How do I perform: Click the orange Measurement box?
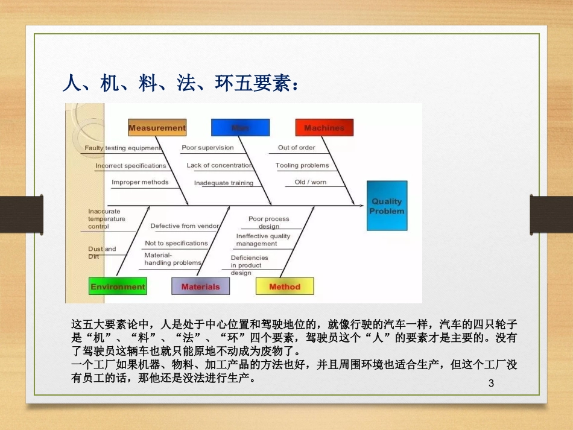pos(157,128)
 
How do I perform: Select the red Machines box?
pos(324,128)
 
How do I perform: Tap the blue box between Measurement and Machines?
pos(240,128)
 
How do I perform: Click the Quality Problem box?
pos(387,206)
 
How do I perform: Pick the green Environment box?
pos(118,286)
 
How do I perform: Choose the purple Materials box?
pos(200,286)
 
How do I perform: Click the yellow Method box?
pos(285,286)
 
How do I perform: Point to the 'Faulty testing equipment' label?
pos(122,148)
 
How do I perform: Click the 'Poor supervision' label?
pos(207,148)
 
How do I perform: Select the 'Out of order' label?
pos(296,148)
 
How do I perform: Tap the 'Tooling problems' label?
pos(302,165)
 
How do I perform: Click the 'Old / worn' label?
pos(310,182)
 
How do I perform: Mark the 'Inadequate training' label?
pos(224,183)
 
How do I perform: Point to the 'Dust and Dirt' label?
pos(101,253)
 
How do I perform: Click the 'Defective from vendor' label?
pos(184,226)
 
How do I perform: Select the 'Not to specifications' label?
pos(176,243)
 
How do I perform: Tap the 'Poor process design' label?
pos(268,223)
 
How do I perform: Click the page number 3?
pos(490,384)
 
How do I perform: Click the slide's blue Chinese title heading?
pos(180,83)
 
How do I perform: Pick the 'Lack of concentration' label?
pos(219,165)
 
